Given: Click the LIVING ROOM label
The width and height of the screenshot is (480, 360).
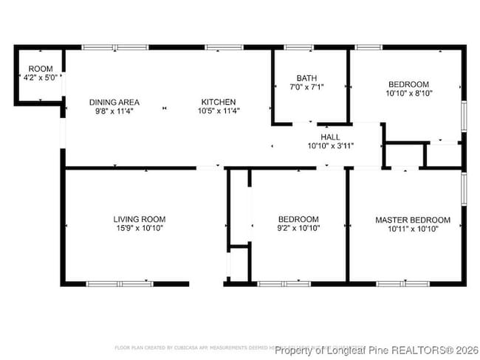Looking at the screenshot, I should [x=139, y=219].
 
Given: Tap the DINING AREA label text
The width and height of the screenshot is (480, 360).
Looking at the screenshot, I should [x=114, y=102].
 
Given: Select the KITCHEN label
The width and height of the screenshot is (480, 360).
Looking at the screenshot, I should [x=218, y=102].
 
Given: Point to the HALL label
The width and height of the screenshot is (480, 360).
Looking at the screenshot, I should [x=330, y=137].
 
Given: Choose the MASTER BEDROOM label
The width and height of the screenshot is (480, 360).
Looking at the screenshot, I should [x=412, y=220].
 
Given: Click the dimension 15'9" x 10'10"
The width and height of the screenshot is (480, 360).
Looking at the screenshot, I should [x=139, y=229].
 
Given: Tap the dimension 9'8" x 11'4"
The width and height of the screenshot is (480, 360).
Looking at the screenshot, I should [x=114, y=111].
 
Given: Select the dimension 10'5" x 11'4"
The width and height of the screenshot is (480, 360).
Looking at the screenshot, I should [x=218, y=111].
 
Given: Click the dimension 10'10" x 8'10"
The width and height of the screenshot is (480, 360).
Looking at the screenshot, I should [x=408, y=94].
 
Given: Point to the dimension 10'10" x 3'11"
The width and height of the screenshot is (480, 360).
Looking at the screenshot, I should [x=330, y=146].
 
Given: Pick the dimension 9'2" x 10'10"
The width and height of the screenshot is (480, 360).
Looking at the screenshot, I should [x=298, y=229].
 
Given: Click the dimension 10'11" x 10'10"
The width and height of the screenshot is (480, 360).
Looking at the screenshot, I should [x=412, y=229].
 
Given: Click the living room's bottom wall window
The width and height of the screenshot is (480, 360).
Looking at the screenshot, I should [x=120, y=283].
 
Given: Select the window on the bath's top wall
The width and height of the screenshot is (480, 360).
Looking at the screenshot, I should [x=298, y=48].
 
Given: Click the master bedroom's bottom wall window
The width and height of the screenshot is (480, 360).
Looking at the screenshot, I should [x=402, y=283].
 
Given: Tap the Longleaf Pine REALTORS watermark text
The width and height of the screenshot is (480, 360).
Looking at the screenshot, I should [x=376, y=349].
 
